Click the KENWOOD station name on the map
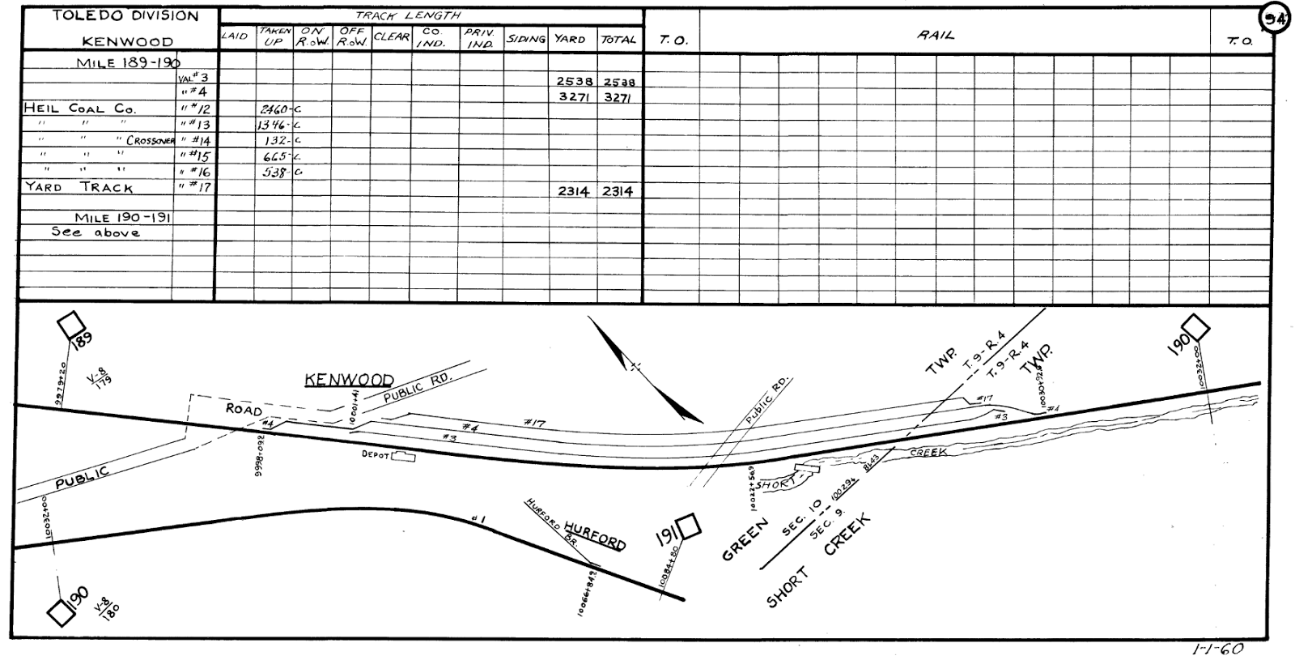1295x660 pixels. (x=349, y=380)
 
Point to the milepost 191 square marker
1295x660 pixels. (x=690, y=528)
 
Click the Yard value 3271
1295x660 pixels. (x=575, y=96)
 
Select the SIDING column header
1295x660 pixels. (x=526, y=39)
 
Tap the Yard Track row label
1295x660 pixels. (x=79, y=187)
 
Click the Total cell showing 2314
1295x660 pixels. (x=618, y=192)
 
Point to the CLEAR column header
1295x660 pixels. (x=392, y=36)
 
